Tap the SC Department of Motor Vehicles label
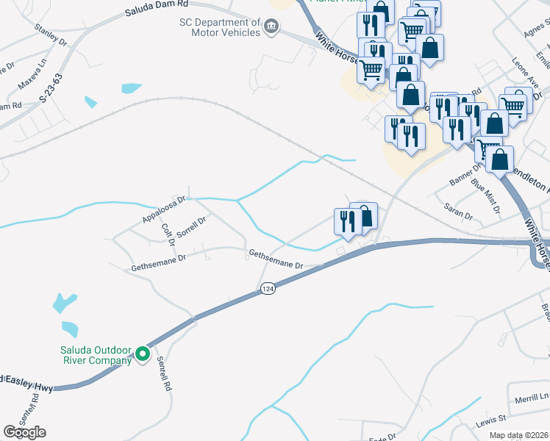pos(220,27)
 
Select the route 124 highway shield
pos(268,291)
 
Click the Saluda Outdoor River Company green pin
pos(143,358)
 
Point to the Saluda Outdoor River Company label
pos(96,354)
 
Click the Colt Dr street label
pos(167,233)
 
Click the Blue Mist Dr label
pos(485,196)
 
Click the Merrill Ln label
pos(532,397)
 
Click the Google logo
pos(24,432)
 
